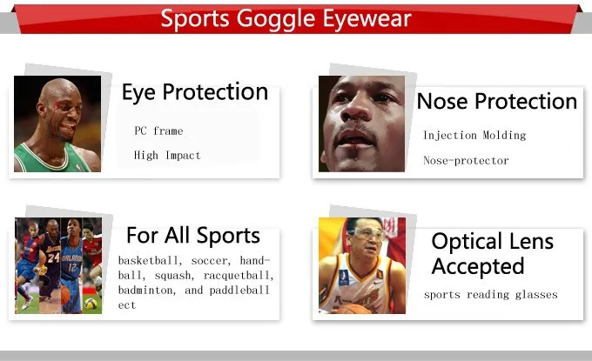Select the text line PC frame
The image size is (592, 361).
[x=158, y=131]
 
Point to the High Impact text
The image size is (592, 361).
[x=167, y=156]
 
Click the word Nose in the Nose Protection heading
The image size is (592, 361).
[x=441, y=102]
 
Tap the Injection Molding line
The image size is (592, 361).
[x=474, y=136]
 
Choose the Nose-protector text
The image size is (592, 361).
[x=466, y=161]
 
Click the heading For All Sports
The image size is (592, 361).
[x=192, y=236]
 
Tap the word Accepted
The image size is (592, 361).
[x=478, y=266]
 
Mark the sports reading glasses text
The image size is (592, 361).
[x=490, y=295]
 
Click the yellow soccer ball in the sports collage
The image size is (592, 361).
[x=90, y=304]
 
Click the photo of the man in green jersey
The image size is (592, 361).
[x=57, y=124]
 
